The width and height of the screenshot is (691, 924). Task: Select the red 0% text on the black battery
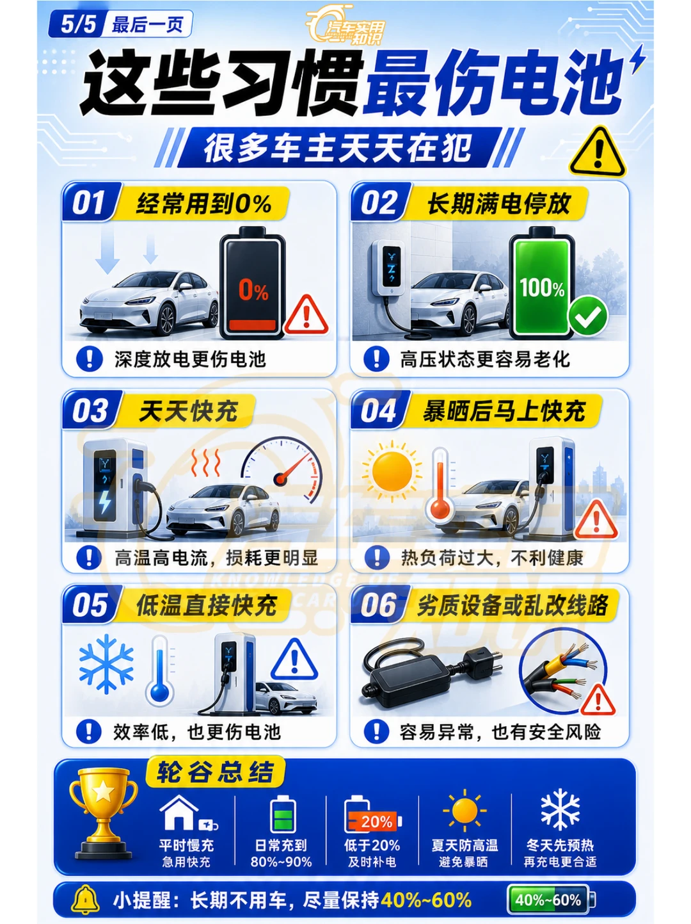(253, 290)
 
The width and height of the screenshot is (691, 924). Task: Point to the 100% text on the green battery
(542, 289)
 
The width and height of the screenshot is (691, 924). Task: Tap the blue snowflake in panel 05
(106, 664)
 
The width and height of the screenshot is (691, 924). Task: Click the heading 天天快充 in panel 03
(188, 410)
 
